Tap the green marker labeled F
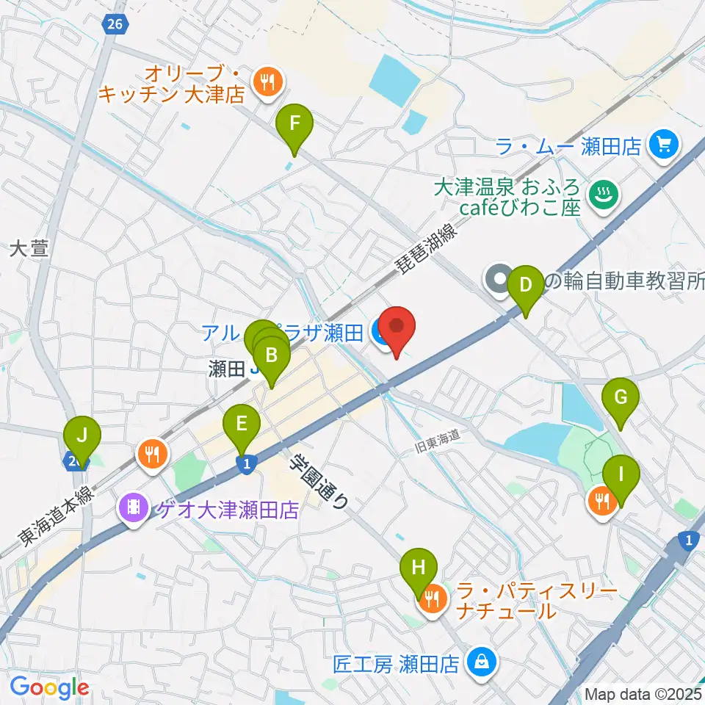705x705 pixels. pyautogui.click(x=294, y=123)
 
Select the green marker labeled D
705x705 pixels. pyautogui.click(x=526, y=284)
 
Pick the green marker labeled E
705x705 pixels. pyautogui.click(x=242, y=424)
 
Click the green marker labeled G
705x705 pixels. pyautogui.click(x=621, y=398)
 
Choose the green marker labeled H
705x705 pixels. pyautogui.click(x=419, y=568)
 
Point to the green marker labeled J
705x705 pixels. pyautogui.click(x=82, y=436)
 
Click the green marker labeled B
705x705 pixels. pyautogui.click(x=272, y=357)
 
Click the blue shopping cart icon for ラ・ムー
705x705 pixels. pyautogui.click(x=664, y=146)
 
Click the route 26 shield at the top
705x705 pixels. pyautogui.click(x=114, y=24)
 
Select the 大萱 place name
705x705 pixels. pyautogui.click(x=29, y=250)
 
